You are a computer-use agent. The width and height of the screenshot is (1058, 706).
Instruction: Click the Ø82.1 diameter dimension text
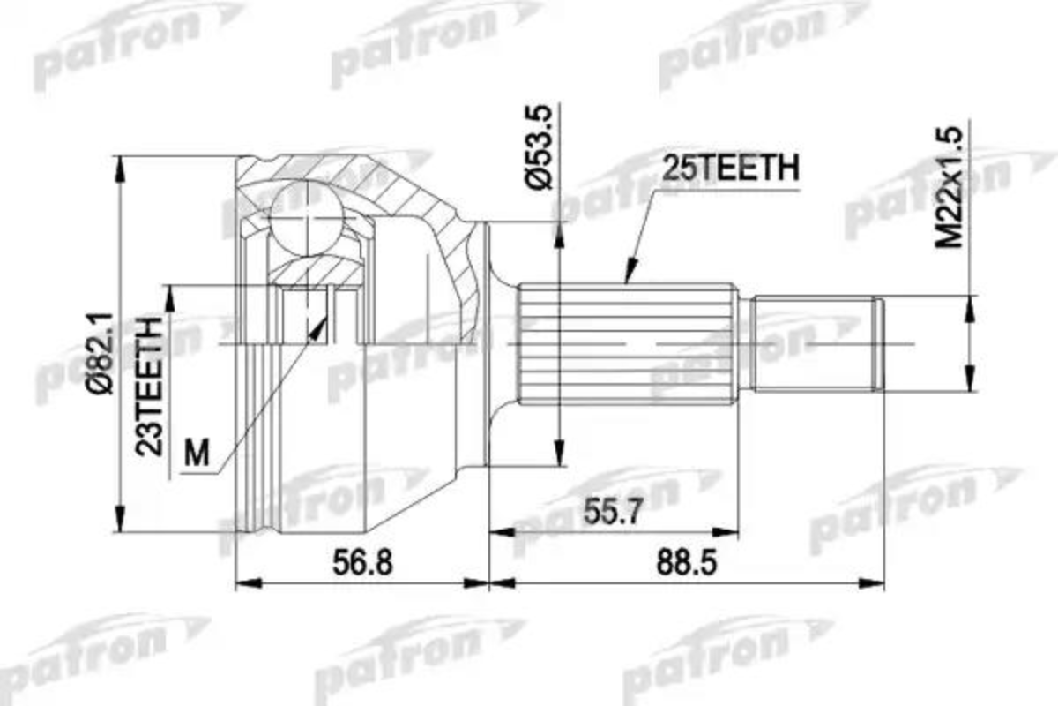click(101, 353)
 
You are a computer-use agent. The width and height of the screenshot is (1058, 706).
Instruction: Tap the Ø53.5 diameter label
click(539, 147)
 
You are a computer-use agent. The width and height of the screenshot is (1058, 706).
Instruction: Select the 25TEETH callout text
click(730, 168)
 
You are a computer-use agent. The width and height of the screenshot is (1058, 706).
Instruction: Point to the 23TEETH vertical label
click(149, 387)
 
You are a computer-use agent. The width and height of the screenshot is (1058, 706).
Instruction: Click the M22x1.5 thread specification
click(949, 187)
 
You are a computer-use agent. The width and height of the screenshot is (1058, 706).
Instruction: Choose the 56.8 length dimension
click(362, 563)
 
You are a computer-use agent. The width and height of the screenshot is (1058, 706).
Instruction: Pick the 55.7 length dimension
click(613, 512)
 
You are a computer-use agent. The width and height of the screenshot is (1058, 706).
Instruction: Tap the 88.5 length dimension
click(687, 563)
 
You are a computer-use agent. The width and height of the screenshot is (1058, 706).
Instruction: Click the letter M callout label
click(197, 453)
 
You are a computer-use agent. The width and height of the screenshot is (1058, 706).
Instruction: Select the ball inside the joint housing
click(307, 216)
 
